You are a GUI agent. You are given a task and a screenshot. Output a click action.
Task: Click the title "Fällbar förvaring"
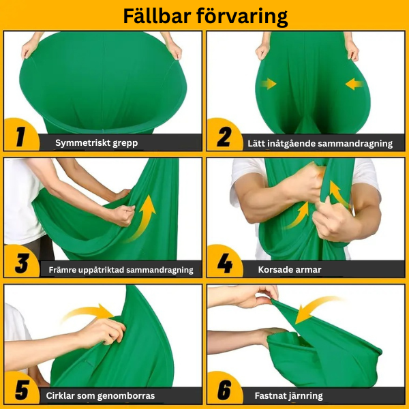pos(204,16)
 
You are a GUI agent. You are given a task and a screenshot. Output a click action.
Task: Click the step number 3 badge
pos(20,263)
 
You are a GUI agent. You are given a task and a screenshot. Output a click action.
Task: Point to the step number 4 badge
pos(224,263)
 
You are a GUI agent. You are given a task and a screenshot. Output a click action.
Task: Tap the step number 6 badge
pos(224,390)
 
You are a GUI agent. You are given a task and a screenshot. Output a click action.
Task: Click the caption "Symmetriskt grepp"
pos(96,143)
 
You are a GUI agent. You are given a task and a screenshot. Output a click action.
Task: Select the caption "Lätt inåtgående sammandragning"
pos(320,143)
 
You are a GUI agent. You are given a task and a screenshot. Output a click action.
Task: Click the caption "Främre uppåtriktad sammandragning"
pos(121,270)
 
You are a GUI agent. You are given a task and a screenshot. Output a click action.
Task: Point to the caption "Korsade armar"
pos(290,270)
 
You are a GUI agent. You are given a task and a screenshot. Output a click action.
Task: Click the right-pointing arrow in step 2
pos(268,84)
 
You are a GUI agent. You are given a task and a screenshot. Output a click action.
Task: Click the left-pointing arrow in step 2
pos(354,84)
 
